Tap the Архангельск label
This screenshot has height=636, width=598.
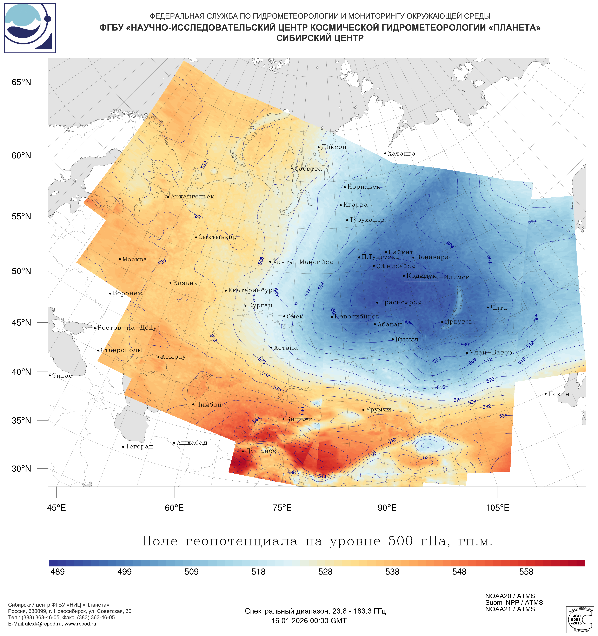(x=192, y=197)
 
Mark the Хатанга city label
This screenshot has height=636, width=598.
(x=401, y=154)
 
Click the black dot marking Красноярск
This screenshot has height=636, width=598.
(x=377, y=303)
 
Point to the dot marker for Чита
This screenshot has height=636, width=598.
(x=488, y=308)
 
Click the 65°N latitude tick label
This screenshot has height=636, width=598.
(x=21, y=82)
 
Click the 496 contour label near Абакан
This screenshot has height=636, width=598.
(x=408, y=323)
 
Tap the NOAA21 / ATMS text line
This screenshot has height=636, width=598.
(x=510, y=609)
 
